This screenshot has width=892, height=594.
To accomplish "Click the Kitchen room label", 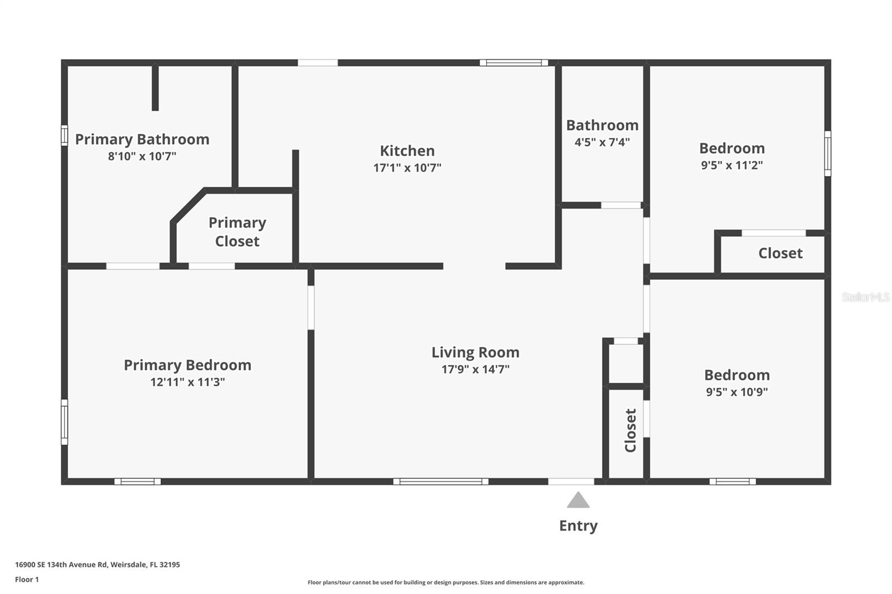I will click(407, 150).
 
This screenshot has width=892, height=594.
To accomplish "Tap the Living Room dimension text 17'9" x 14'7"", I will click(475, 369).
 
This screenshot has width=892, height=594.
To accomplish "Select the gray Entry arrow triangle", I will click(578, 500).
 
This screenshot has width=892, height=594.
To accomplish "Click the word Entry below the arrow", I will click(578, 525).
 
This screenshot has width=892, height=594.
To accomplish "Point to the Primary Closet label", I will click(237, 232).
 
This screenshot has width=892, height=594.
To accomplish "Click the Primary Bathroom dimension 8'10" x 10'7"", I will click(142, 156).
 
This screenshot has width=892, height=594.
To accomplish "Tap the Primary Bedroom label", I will click(187, 365).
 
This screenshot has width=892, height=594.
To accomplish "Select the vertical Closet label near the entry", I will click(631, 430).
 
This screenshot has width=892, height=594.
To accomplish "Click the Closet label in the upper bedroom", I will click(780, 253).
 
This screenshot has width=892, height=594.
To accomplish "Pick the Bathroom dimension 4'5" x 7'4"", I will click(602, 142).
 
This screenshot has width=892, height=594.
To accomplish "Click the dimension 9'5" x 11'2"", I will click(731, 165).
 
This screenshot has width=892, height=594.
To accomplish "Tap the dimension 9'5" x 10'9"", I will click(736, 392).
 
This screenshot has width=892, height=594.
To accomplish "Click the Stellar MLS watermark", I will click(865, 297).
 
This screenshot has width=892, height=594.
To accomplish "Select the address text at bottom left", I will click(98, 564).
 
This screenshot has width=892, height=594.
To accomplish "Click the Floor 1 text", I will click(27, 580).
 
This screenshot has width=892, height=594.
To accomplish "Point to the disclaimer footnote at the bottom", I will click(446, 582).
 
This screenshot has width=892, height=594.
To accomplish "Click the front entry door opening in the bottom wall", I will click(570, 481).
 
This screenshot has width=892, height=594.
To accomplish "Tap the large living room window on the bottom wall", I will click(440, 481).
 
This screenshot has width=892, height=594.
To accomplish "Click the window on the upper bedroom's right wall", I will click(827, 153).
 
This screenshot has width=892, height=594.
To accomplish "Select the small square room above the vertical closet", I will click(626, 364).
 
